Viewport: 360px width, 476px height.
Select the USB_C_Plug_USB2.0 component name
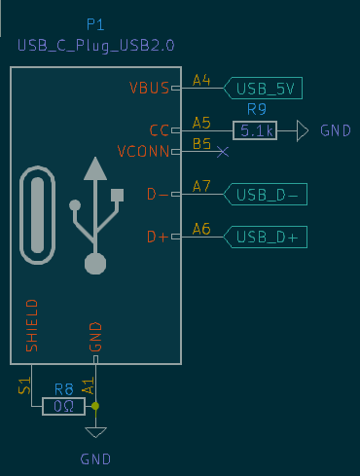coord(94,46)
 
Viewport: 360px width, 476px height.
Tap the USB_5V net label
coord(264,89)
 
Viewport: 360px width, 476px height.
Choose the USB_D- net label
coord(266,195)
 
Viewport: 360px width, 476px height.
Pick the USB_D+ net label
coord(266,237)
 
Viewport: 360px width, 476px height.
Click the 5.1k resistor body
coord(255,129)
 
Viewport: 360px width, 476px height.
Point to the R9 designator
coord(257,109)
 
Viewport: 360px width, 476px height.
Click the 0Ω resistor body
coord(64,406)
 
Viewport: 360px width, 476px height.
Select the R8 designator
coord(64,387)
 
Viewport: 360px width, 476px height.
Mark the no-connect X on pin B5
coord(223,152)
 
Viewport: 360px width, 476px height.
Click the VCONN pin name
coord(143,152)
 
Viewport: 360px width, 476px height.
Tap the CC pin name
coord(160,130)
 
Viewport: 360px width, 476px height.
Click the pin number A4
coord(201,80)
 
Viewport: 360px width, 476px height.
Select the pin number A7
coord(201,185)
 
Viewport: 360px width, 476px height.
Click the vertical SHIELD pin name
coord(31,325)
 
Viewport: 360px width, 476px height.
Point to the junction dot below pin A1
coord(95,406)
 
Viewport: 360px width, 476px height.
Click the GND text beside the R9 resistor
coord(336,130)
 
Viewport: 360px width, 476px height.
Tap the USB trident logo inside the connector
coord(94,214)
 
